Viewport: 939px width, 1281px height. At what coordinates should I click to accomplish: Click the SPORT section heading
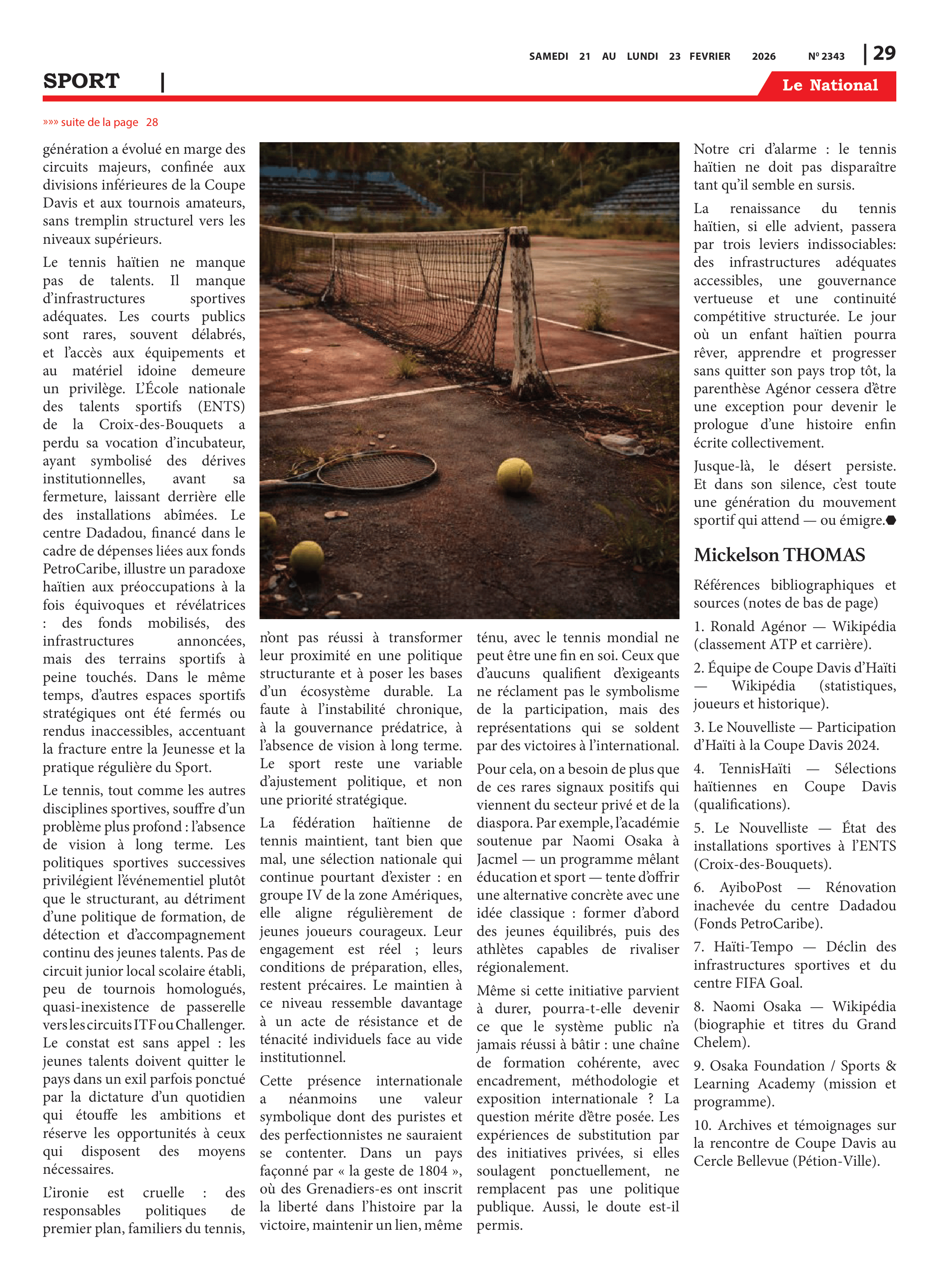tap(81, 81)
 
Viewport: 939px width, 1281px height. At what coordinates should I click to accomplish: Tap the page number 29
tap(884, 53)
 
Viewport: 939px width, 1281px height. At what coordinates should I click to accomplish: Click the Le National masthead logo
tap(829, 85)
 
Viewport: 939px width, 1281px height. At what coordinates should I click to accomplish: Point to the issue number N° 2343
tap(826, 56)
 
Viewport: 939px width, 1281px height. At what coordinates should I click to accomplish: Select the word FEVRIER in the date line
tap(709, 56)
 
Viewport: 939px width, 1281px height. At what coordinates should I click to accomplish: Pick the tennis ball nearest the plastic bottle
tap(514, 475)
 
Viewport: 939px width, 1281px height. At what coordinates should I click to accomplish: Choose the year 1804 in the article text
tap(432, 1171)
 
